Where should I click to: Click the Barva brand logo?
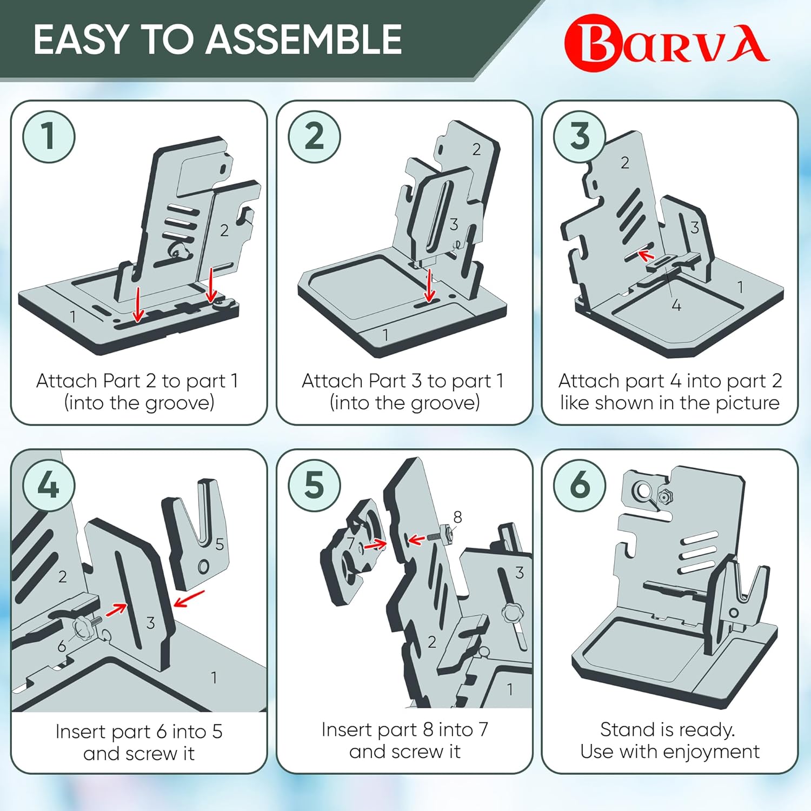(x=667, y=43)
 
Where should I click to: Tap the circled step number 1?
(x=48, y=136)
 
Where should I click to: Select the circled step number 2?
(x=314, y=136)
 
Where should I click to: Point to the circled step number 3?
(x=580, y=136)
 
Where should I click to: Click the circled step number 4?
(x=48, y=485)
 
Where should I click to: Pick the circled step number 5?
(x=314, y=485)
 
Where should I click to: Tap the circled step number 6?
(x=580, y=485)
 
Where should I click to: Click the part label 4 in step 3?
(x=676, y=305)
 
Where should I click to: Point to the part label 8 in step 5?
(x=457, y=517)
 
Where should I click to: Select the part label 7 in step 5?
(x=351, y=543)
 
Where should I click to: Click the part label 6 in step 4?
(x=62, y=646)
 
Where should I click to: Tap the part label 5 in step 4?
(x=220, y=544)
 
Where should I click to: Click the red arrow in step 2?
(x=430, y=285)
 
